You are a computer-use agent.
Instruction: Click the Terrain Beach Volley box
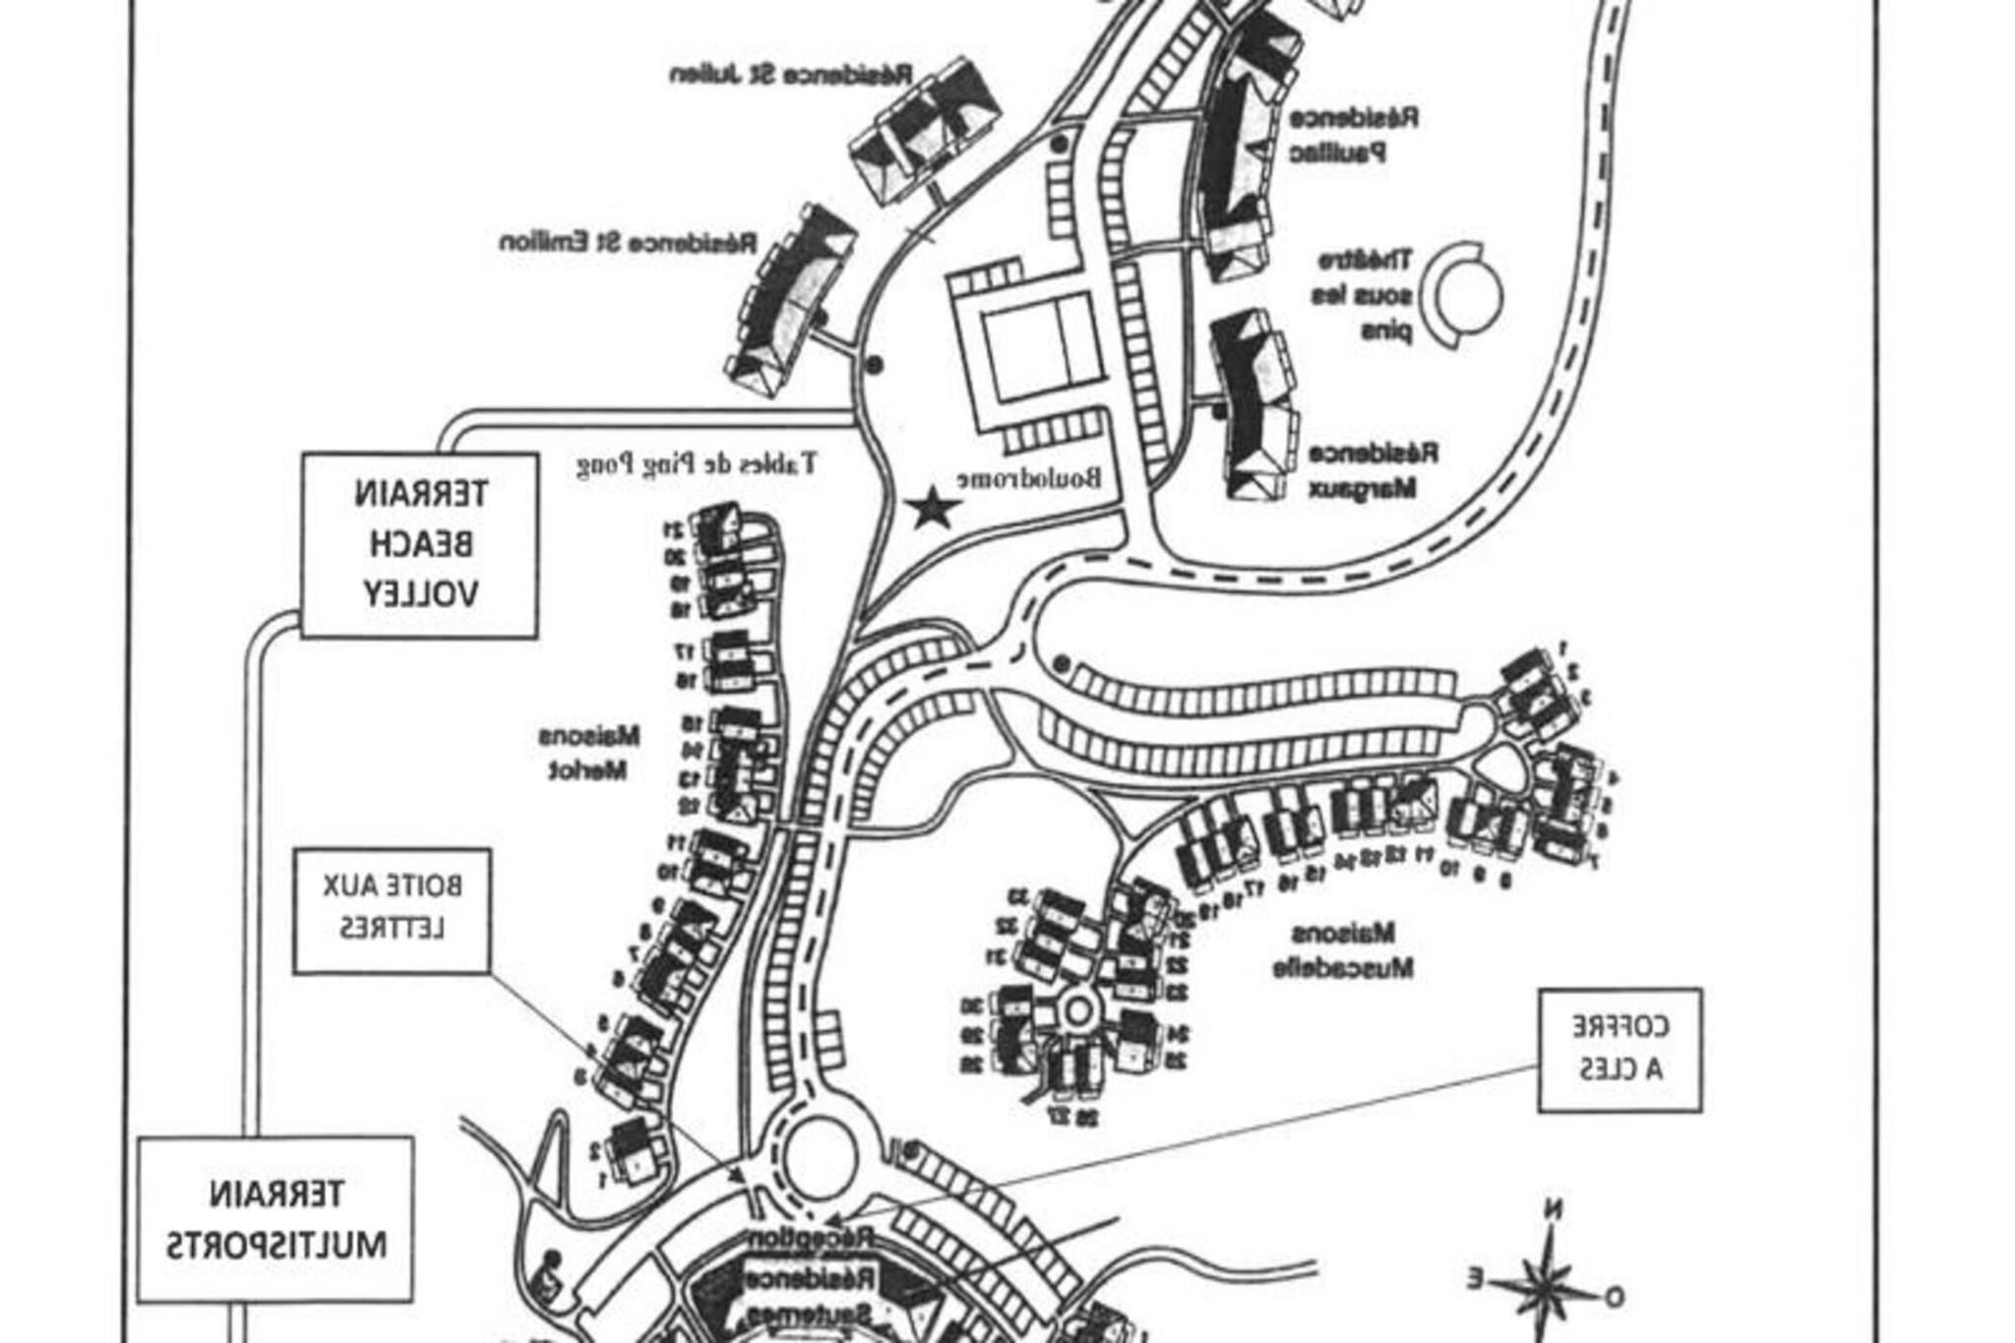[419, 544]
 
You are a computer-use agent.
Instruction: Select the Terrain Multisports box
[275, 1219]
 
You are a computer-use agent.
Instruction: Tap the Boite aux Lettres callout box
[392, 911]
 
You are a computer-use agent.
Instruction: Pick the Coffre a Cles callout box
[1619, 1050]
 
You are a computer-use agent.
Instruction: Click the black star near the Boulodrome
[932, 510]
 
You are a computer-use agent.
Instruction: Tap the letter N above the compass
[1553, 1210]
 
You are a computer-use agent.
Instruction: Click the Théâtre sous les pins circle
[1466, 294]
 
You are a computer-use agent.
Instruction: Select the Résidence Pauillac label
[1352, 135]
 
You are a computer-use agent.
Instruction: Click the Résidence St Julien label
[791, 75]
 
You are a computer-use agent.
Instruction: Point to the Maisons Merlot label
[588, 753]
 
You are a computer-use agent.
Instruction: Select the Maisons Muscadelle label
[1343, 950]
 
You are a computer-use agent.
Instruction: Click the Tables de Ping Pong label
[696, 463]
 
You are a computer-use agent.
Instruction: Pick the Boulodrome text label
[1029, 478]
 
